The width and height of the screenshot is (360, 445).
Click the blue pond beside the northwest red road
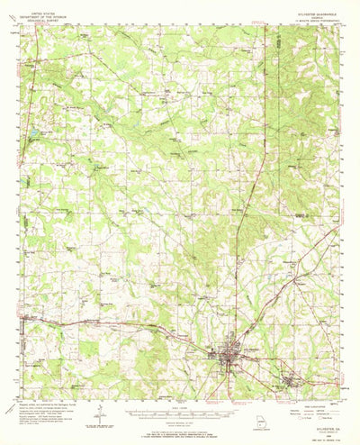(32, 132)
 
